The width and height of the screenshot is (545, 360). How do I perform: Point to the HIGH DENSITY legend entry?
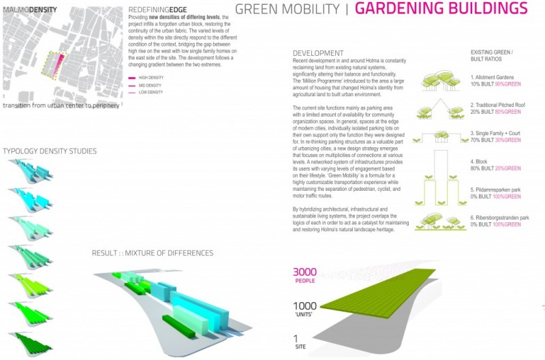point(157,78)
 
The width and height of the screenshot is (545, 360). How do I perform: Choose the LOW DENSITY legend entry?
point(157,92)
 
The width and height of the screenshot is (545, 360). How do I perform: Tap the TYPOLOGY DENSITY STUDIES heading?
point(49,150)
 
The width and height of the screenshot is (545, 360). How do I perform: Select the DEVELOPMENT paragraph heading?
point(318,53)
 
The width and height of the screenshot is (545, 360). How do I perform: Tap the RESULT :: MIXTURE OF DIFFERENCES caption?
point(153,254)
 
